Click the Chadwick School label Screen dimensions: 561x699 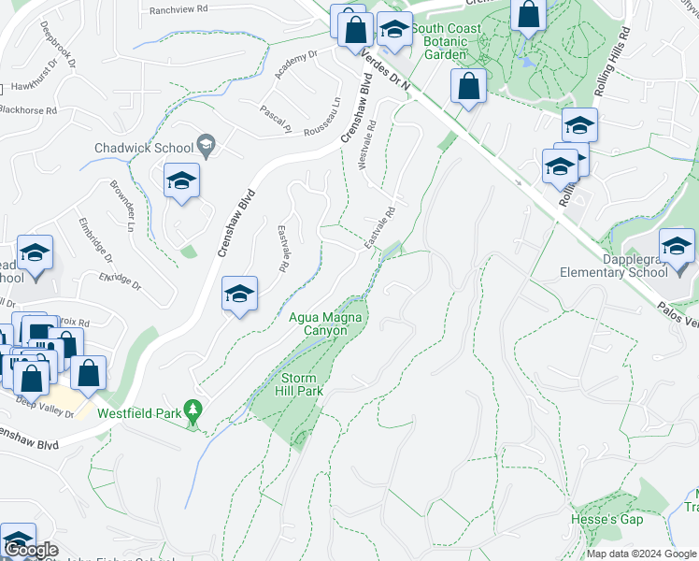point(142,148)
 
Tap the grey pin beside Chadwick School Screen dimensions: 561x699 point(207,146)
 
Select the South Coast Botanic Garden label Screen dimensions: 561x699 point(453,41)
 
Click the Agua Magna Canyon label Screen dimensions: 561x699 point(325,324)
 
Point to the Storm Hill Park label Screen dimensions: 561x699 point(302,383)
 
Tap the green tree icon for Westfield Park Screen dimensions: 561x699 point(193,410)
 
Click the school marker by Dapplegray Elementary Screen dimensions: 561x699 point(677,248)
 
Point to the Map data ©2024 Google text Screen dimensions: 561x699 point(642,554)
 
